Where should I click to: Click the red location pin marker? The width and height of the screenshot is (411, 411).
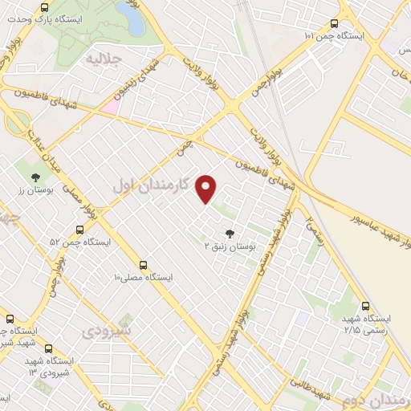tap(207, 189)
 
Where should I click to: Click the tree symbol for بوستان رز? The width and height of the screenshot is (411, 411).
tap(35, 177)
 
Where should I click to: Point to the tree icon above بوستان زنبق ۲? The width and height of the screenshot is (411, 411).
tap(230, 234)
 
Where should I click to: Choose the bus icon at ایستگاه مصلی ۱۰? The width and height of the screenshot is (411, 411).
tap(144, 264)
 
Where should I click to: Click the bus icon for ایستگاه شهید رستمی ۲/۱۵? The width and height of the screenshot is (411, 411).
tap(366, 306)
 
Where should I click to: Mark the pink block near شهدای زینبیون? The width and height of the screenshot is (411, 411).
tap(108, 105)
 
